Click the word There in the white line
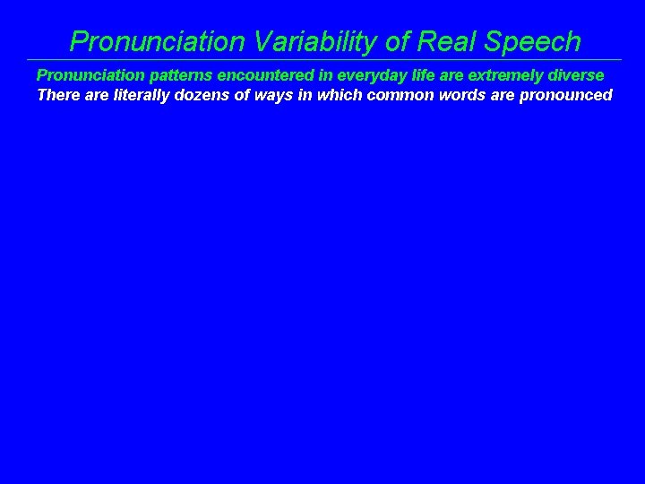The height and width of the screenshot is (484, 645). [x=57, y=95]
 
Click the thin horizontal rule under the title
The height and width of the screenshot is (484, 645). [x=322, y=60]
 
